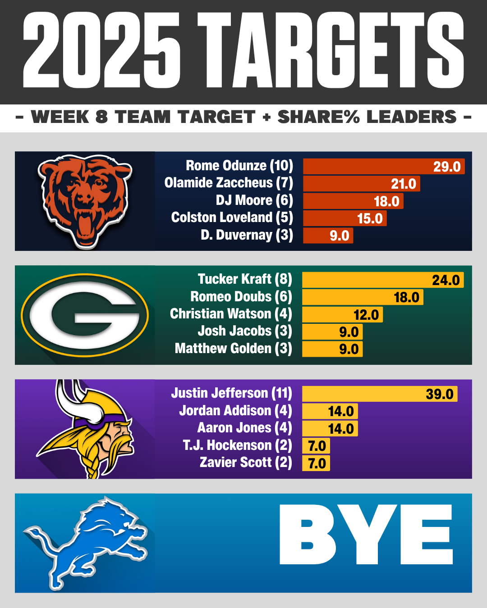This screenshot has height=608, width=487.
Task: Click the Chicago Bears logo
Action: (x=85, y=201)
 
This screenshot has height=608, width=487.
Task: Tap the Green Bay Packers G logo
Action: (x=85, y=315)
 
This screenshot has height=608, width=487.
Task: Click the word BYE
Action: (x=366, y=535)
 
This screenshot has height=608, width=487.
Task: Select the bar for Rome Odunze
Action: (x=383, y=166)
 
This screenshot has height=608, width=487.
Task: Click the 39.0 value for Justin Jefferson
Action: (x=440, y=394)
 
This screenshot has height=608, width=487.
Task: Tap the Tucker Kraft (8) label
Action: (x=245, y=279)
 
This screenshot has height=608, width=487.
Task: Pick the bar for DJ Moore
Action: (x=353, y=201)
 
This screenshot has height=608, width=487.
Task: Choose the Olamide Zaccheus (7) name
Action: (x=229, y=183)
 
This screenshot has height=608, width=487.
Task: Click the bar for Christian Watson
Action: (x=342, y=314)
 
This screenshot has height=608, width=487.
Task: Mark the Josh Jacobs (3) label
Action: (x=245, y=331)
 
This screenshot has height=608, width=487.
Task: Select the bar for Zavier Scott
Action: (x=316, y=463)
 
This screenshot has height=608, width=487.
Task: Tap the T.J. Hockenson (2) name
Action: (x=237, y=445)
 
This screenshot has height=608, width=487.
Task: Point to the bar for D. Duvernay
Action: (x=328, y=236)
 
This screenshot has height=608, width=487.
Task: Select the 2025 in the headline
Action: (x=101, y=50)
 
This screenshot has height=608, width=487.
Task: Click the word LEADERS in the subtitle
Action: (x=412, y=117)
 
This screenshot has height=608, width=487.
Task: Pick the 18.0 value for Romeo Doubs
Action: (x=406, y=297)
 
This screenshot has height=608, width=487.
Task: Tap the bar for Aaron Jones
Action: (x=330, y=428)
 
